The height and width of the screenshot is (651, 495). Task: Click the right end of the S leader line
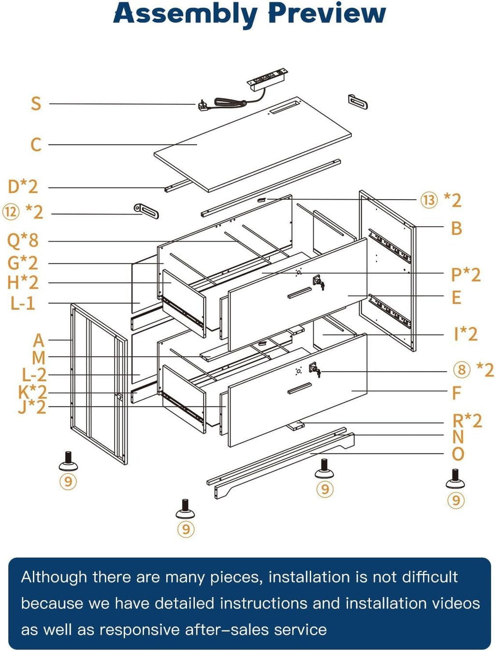196,104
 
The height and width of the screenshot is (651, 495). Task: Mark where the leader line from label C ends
197,145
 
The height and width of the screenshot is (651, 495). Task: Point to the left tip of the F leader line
352,391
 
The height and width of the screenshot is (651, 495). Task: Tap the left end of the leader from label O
310,453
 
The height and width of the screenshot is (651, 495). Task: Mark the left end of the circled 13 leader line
266,199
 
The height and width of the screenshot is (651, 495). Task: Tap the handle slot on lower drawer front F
300,388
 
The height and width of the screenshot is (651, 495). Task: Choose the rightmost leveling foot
455,478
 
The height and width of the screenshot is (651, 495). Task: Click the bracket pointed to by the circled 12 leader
146,211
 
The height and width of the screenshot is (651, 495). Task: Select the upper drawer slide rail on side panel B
390,246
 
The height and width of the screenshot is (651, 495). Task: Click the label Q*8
23,240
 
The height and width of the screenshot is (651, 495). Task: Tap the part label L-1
23,303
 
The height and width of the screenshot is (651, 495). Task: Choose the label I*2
466,334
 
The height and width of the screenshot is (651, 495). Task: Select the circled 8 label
462,370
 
